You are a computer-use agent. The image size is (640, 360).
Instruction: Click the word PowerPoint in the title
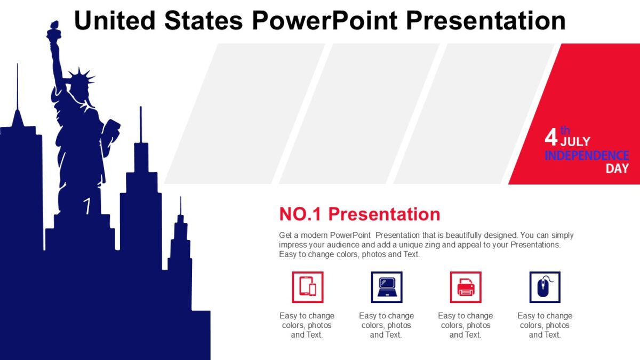(x=324, y=20)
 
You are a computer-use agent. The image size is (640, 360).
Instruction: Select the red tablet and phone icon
(x=307, y=287)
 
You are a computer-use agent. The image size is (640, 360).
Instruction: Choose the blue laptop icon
(x=386, y=287)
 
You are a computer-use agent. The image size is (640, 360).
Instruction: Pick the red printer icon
(x=465, y=287)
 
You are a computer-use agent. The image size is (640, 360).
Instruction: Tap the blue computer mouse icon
(x=545, y=287)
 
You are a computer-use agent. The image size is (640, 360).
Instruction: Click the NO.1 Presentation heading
(x=359, y=214)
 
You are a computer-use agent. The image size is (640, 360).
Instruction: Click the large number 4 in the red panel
(x=550, y=138)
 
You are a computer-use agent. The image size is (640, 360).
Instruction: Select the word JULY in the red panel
(x=575, y=141)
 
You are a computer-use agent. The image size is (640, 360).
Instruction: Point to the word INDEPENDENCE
(x=587, y=155)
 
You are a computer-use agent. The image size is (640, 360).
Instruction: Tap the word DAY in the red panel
(x=617, y=169)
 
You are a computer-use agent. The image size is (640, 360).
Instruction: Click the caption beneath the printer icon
(x=465, y=325)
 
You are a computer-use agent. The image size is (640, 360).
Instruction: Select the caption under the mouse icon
(x=545, y=325)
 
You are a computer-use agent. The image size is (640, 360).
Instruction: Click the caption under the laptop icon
(x=386, y=325)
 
